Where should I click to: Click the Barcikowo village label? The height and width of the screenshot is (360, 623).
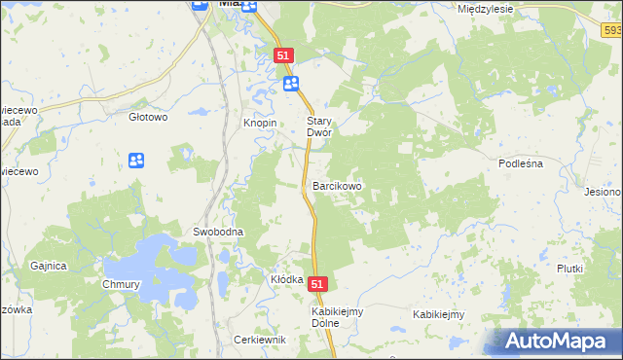(x=337, y=185)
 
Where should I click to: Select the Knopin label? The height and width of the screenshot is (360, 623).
(x=260, y=124)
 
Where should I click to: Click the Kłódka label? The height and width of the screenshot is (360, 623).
(x=287, y=279)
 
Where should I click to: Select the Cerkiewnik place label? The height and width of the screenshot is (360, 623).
(x=259, y=340)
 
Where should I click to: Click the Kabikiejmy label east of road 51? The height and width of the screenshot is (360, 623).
(x=438, y=314)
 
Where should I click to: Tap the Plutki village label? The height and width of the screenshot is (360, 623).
(x=569, y=269)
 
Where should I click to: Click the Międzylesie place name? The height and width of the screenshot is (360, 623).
(x=485, y=8)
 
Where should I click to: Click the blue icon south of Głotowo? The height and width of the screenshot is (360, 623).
(x=136, y=160)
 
